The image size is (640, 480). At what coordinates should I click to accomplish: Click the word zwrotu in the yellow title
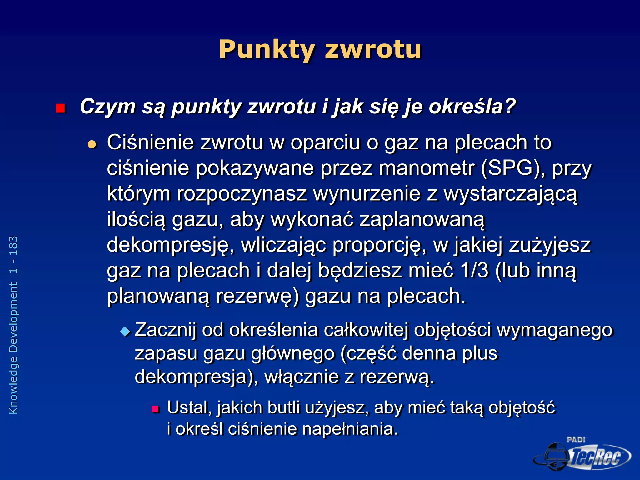pos(373,49)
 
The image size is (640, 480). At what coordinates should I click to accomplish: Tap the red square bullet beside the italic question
pos(60,108)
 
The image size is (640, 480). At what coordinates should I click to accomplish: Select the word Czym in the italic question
pos(107,107)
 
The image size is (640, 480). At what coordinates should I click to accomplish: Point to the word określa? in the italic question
pos(472,107)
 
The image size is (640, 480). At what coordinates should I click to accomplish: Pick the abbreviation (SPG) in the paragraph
pos(512,168)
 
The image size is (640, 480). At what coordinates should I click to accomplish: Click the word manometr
pos(426,168)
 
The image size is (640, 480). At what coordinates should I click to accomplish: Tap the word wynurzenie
pos(367,194)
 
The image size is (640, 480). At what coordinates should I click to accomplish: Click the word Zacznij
pos(165,330)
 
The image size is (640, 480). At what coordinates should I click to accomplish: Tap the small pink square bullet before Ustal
pos(155,409)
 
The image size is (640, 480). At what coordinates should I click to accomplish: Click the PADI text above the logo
pos(576,440)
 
